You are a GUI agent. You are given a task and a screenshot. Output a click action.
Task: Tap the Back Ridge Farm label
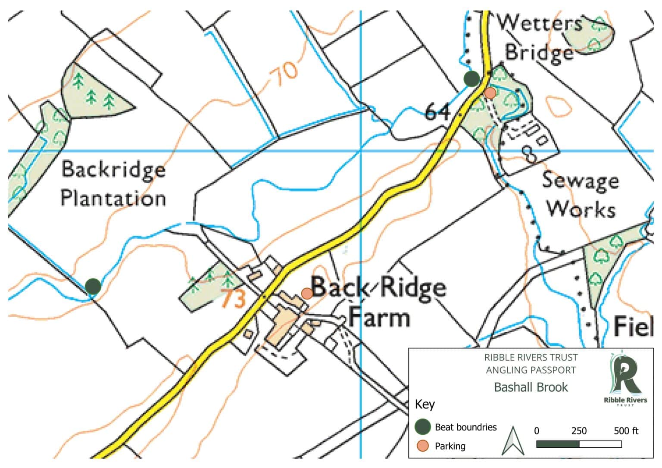pos(378,302)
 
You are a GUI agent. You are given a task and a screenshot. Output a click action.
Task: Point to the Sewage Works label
pos(580,195)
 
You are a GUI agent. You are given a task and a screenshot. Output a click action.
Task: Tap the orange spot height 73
pos(233,299)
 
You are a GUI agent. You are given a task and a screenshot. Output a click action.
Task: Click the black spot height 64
pos(437,112)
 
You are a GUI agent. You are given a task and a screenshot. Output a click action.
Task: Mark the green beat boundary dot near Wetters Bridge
pos(472,78)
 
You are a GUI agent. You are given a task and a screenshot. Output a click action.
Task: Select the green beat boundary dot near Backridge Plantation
pos(93,286)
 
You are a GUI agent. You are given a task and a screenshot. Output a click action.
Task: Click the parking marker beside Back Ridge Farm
pos(306,293)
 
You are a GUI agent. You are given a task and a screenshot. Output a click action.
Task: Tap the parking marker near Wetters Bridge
pos(490,93)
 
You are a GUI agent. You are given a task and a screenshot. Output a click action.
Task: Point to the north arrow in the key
pos(513,440)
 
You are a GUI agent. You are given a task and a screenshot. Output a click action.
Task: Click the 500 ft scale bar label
pos(626,431)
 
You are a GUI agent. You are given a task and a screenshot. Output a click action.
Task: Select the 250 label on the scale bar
pos(578,431)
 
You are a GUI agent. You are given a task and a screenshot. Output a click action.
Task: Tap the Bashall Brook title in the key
pos(531,387)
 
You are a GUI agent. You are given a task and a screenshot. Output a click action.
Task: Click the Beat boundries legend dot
pos(423,427)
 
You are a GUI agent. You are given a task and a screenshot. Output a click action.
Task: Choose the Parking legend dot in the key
pos(423,446)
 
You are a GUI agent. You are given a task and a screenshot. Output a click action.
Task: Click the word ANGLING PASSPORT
pos(531,370)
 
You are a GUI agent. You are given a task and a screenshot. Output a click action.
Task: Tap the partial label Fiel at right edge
pos(633,326)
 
